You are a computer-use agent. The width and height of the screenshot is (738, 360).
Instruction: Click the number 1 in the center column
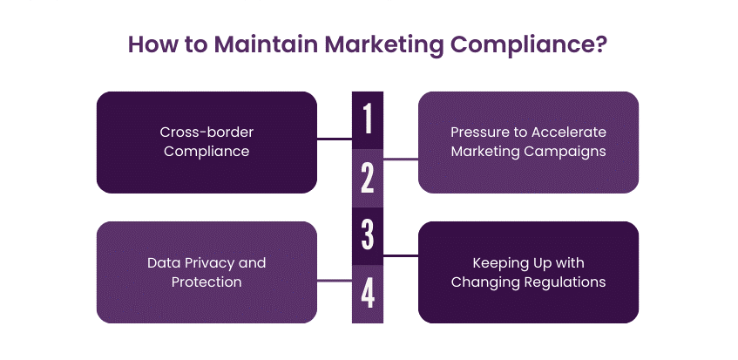click(x=368, y=119)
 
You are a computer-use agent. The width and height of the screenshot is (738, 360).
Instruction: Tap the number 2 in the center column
click(x=368, y=177)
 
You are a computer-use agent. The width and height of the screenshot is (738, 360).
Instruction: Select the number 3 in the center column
click(x=368, y=234)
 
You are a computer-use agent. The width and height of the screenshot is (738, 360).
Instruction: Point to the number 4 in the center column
click(x=368, y=293)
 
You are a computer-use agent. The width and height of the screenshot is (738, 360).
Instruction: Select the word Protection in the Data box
click(x=207, y=282)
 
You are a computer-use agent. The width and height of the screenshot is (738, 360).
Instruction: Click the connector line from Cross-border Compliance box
click(x=334, y=139)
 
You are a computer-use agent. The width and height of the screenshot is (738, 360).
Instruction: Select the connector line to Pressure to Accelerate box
click(x=401, y=159)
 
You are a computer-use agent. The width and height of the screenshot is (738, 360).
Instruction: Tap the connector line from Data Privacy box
click(x=334, y=281)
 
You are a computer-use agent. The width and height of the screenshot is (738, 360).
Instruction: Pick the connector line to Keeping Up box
click(x=401, y=255)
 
